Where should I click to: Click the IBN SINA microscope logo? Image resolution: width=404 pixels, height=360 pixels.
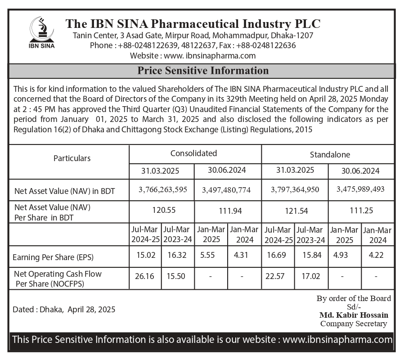point(41,31)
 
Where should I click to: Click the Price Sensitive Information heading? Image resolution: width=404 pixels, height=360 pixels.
point(203,71)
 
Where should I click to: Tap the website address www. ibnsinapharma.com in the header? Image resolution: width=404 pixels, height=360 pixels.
point(210,56)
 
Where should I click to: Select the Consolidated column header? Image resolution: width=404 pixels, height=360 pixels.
point(193,153)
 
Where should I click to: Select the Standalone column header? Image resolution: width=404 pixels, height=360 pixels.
point(330,155)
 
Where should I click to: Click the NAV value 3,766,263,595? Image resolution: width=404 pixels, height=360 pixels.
point(163,189)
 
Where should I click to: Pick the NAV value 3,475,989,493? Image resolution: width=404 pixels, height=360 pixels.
point(360,189)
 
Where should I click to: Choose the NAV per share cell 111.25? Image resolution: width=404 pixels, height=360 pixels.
point(362,210)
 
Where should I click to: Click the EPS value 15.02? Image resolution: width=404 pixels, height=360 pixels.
point(145,255)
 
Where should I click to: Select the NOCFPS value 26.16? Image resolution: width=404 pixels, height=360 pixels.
point(144,276)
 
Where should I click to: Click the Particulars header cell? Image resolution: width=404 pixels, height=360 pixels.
point(72,158)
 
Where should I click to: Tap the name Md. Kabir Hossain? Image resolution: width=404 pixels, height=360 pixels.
point(354,315)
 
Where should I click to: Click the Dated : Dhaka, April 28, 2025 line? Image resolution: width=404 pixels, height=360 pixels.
point(64,310)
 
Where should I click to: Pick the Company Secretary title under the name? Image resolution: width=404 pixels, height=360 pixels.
point(354,323)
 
